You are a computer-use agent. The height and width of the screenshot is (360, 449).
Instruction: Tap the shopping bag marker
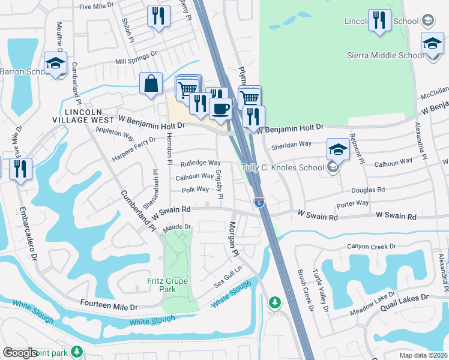(x=151, y=85)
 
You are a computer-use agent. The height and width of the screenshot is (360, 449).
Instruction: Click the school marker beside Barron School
(x=55, y=63)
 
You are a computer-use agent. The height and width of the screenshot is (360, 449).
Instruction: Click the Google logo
(x=20, y=352)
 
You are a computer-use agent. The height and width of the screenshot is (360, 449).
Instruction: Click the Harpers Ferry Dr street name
(x=134, y=149)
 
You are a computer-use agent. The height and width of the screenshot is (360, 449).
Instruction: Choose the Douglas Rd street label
(x=369, y=189)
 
